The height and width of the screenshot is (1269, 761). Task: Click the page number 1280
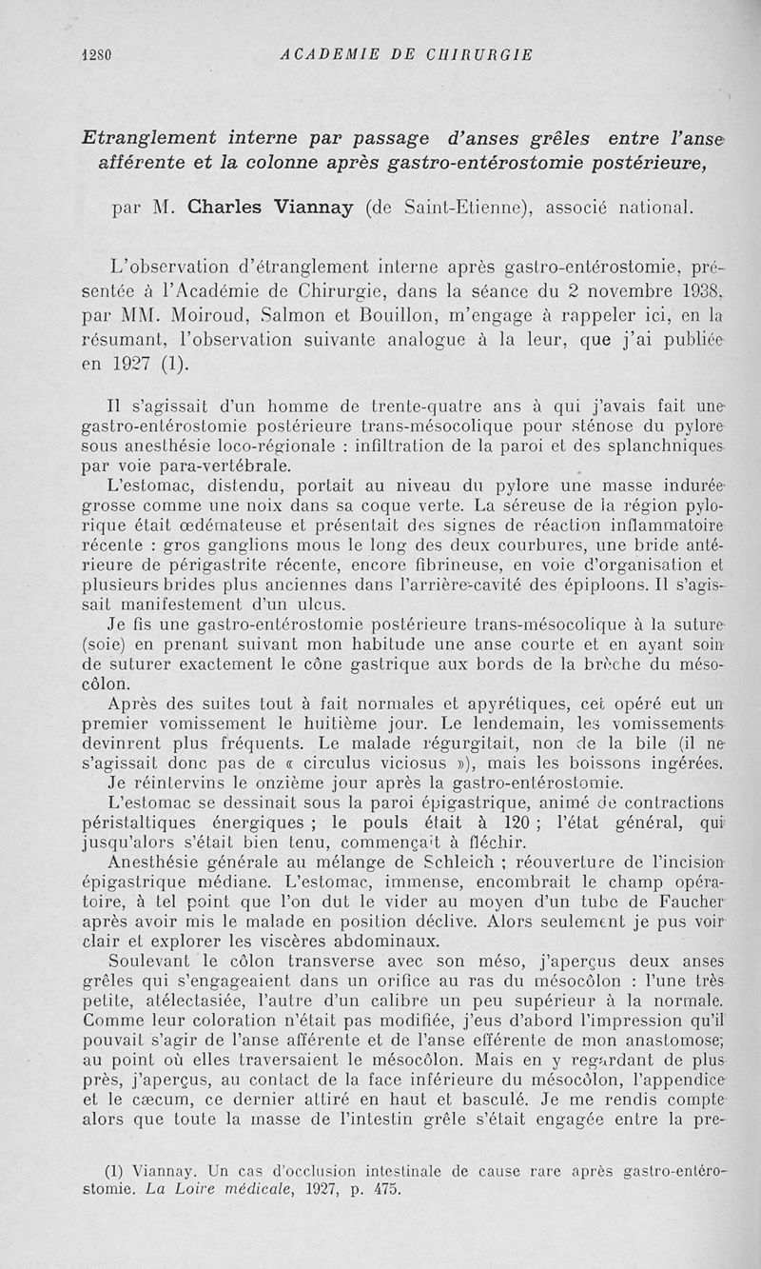[96, 54]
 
